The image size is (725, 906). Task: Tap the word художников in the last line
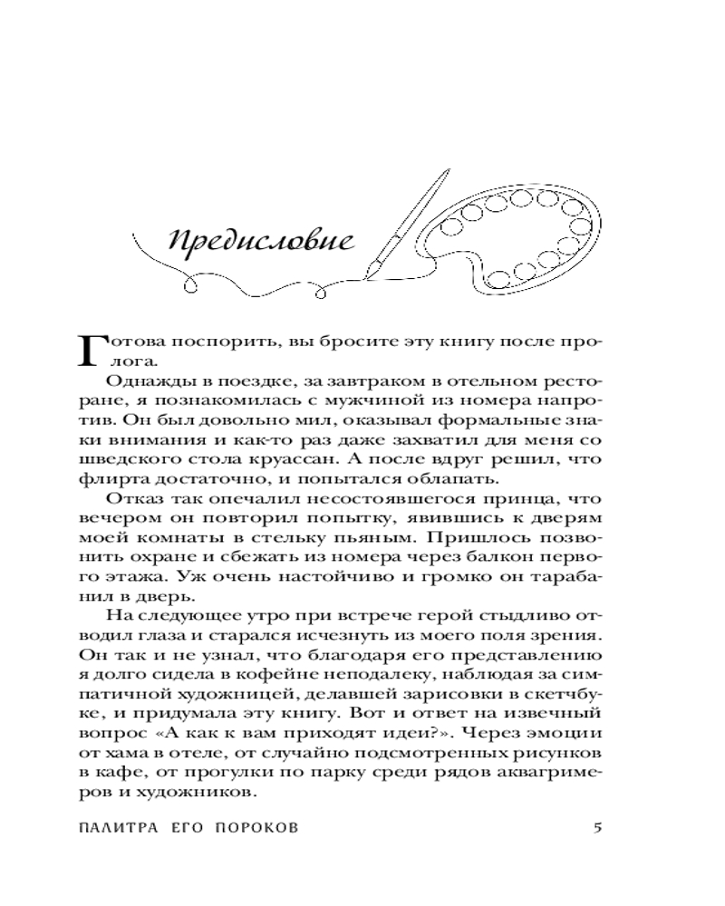(206, 791)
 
